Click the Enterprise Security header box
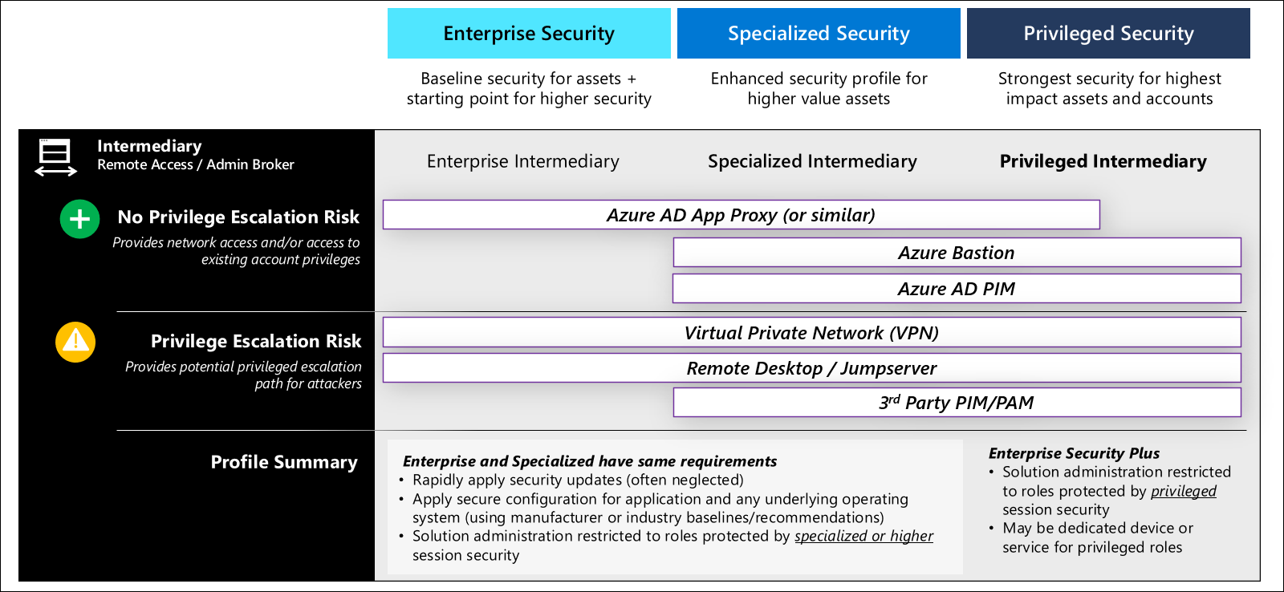[x=529, y=34]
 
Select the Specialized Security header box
[x=819, y=34]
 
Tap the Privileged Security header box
[x=1108, y=34]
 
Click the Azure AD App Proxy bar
[x=741, y=215]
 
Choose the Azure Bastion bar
[x=957, y=253]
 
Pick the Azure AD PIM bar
[x=957, y=289]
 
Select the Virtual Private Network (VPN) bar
[x=811, y=333]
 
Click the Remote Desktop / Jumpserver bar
[x=811, y=368]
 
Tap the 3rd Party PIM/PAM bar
[x=957, y=403]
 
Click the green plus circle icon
[x=79, y=219]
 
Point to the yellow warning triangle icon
[x=75, y=343]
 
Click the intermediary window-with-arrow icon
[x=55, y=156]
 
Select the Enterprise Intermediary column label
[x=523, y=161]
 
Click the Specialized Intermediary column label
[x=812, y=161]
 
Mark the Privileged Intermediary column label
[x=1103, y=161]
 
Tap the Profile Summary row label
[x=284, y=462]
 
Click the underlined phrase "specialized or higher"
[x=863, y=536]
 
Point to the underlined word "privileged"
[x=1183, y=491]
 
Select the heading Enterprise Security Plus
[x=1074, y=453]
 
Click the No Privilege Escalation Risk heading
[x=238, y=217]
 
